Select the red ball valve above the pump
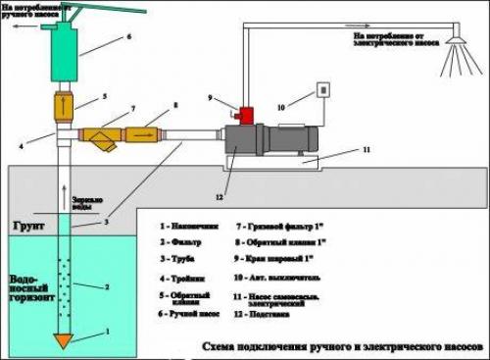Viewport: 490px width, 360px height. [x=247, y=117]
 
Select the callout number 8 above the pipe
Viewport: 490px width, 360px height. [x=175, y=105]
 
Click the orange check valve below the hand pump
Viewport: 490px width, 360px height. [x=63, y=103]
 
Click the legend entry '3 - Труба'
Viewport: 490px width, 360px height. [x=182, y=259]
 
